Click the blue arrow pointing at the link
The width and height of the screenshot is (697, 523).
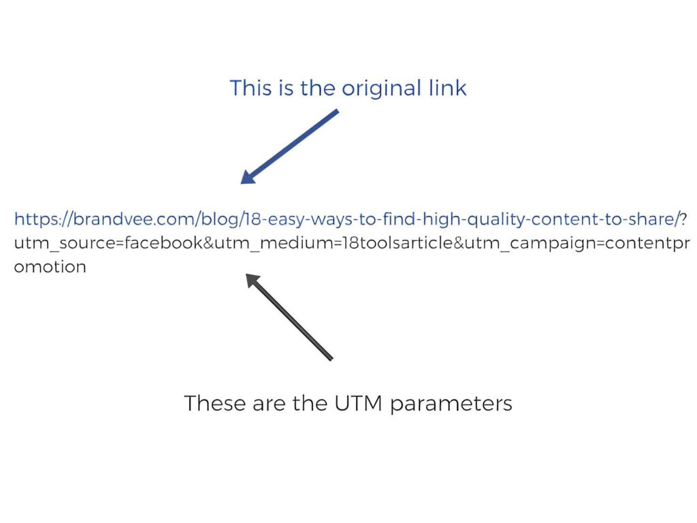coord(289,146)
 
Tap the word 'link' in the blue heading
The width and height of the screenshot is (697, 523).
coord(445,89)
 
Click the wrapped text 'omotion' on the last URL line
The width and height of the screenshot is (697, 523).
coord(50,266)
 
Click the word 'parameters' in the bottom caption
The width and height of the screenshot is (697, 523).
coord(451,404)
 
